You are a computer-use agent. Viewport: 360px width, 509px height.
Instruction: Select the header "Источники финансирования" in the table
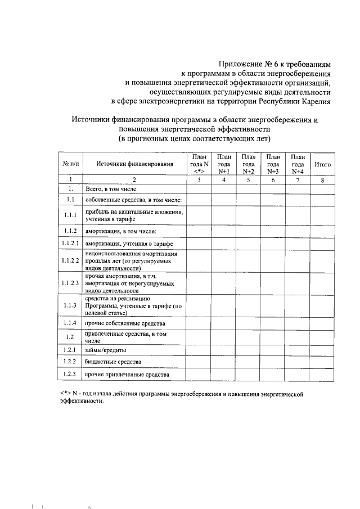click(133, 164)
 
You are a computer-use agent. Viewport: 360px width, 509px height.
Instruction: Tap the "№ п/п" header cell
click(70, 164)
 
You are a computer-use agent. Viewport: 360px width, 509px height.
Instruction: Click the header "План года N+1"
click(224, 164)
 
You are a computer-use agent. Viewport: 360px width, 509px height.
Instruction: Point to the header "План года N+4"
click(298, 164)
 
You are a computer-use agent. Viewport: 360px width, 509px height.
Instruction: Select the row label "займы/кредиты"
click(105, 350)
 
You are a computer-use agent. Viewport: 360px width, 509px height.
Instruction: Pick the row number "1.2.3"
click(70, 374)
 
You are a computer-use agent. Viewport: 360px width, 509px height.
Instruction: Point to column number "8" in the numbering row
click(322, 180)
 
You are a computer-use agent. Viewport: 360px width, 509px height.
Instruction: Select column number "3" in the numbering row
click(199, 180)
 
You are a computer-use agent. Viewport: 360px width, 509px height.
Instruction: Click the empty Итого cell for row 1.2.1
click(322, 350)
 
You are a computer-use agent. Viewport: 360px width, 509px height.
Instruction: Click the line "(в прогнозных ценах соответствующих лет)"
click(194, 138)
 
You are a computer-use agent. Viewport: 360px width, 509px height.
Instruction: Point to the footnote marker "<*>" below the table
click(65, 394)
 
